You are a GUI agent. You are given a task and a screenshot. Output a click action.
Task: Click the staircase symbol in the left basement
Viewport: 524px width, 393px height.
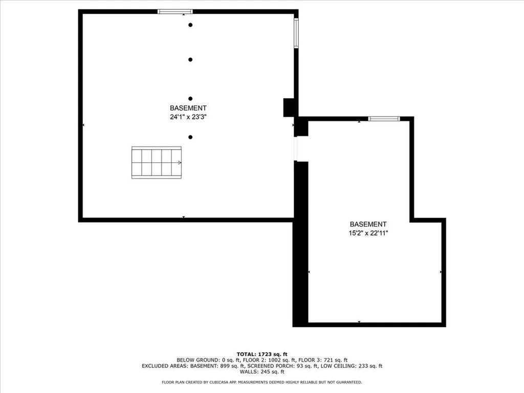[x=157, y=163]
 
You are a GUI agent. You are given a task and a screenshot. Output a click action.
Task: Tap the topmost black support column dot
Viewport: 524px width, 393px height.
[x=190, y=25]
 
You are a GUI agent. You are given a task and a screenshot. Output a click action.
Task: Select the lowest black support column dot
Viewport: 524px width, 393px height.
[x=190, y=137]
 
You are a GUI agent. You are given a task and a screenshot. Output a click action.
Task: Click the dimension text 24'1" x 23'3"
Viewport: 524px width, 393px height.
[x=188, y=117]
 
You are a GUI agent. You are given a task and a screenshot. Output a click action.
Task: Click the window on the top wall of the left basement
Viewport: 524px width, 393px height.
[x=175, y=11]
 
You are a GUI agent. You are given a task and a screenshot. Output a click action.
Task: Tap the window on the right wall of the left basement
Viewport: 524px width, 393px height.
[x=296, y=33]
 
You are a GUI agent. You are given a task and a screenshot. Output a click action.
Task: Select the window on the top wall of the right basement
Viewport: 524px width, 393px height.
[x=384, y=119]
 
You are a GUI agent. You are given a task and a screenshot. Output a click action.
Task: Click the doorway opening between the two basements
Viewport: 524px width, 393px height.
[x=295, y=149]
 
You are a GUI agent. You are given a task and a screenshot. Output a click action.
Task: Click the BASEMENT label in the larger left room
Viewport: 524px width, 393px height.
[x=188, y=108]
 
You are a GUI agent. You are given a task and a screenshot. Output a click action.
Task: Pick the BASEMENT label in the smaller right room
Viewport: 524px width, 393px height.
[x=368, y=224]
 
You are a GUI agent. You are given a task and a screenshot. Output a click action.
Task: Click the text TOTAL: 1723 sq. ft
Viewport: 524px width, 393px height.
[x=262, y=354]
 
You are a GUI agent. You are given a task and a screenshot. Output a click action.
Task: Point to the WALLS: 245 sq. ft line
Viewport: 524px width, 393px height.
[x=262, y=373]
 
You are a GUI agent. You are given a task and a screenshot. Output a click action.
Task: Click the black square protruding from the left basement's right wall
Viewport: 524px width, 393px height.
[x=290, y=107]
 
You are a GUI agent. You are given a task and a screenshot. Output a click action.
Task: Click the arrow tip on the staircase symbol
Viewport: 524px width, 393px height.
[x=180, y=163]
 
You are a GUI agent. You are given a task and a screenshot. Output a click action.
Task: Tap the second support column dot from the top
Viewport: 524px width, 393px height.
[x=190, y=59]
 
